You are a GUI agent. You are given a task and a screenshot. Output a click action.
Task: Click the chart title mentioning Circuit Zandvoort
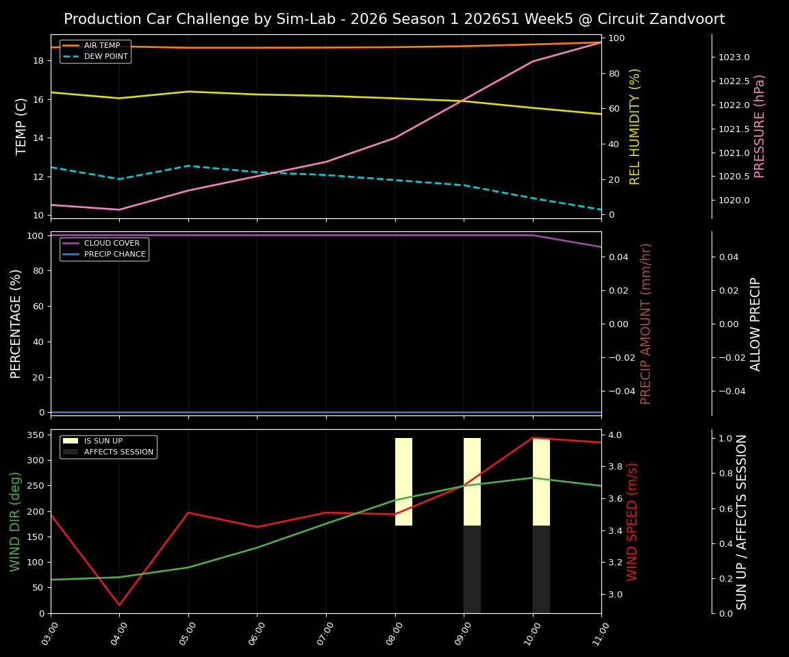pos(394,19)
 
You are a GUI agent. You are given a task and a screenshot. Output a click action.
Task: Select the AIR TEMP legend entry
pos(101,46)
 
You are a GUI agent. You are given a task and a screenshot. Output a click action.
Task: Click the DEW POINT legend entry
pos(105,57)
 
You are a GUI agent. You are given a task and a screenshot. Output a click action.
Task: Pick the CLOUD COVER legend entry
pos(112,243)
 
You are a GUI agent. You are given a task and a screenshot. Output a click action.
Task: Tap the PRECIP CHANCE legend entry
pos(114,255)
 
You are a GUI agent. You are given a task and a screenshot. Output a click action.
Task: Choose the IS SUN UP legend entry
pos(103,441)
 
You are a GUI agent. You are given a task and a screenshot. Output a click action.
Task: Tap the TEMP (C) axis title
pos(22,126)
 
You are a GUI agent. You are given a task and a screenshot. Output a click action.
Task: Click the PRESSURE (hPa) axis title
pos(760,126)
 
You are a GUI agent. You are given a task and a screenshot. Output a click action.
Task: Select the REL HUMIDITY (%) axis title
pos(635,126)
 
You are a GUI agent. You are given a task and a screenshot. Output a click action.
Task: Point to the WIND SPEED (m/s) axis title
pos(632,521)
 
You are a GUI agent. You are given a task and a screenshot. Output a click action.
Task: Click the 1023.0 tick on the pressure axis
pos(734,57)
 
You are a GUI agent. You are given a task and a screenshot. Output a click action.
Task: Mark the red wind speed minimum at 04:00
pos(120,605)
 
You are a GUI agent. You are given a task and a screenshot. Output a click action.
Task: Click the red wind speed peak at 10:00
pos(533,438)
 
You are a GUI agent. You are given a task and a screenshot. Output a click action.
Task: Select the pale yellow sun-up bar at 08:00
pos(403,482)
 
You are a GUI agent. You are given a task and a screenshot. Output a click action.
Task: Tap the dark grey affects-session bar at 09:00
pos(472,569)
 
